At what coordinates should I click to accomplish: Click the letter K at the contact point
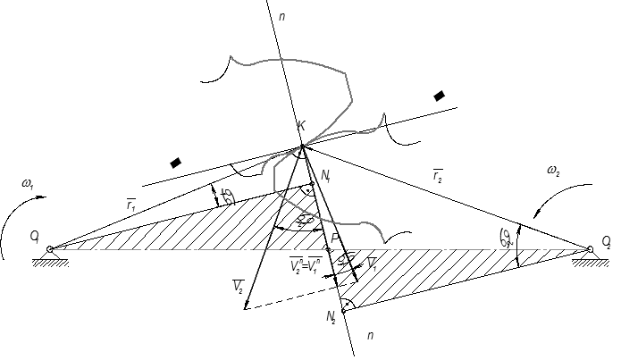[302, 126]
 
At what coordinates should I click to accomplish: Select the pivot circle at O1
[50, 249]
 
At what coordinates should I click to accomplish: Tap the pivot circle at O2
[590, 249]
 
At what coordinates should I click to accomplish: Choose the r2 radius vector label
[439, 178]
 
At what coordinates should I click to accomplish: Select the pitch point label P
[334, 239]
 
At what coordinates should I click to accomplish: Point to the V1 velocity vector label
[372, 264]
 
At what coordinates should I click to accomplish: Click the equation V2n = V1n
[307, 265]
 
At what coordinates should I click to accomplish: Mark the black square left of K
[176, 163]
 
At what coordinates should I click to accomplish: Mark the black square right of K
[439, 96]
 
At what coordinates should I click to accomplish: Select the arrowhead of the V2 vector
[245, 306]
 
